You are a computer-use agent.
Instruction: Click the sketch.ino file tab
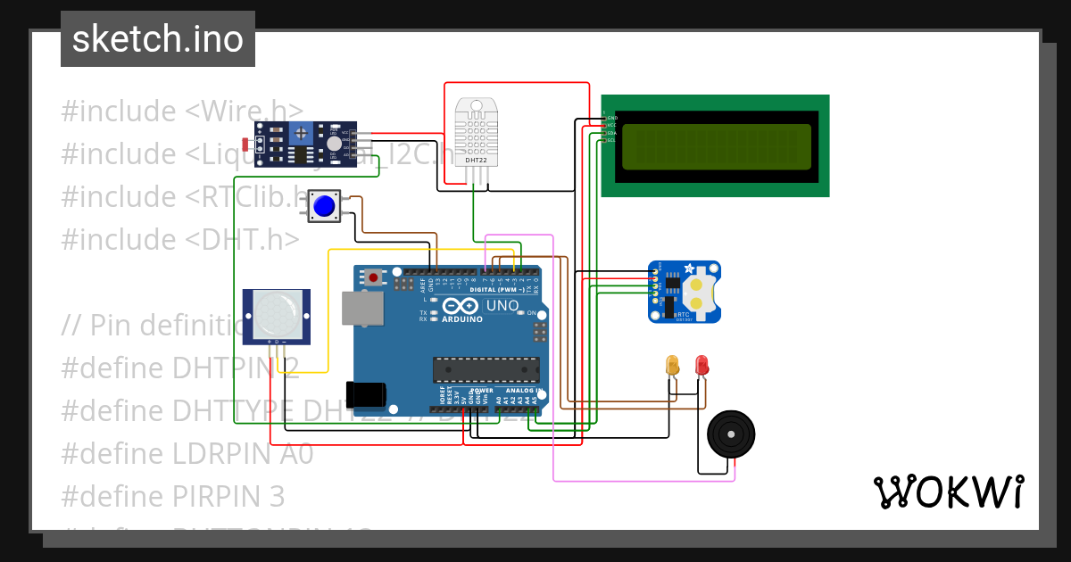[158, 39]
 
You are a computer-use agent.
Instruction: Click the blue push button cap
[323, 207]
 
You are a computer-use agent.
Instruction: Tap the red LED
[702, 365]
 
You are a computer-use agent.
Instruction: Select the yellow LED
[673, 365]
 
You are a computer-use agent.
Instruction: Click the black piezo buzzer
[731, 434]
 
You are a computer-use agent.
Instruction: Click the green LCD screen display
[715, 146]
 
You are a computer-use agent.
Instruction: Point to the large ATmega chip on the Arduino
[486, 368]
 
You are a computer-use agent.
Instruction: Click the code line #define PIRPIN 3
[173, 496]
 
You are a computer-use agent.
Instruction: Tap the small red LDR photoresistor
[247, 144]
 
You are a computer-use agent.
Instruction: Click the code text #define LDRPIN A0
[187, 453]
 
